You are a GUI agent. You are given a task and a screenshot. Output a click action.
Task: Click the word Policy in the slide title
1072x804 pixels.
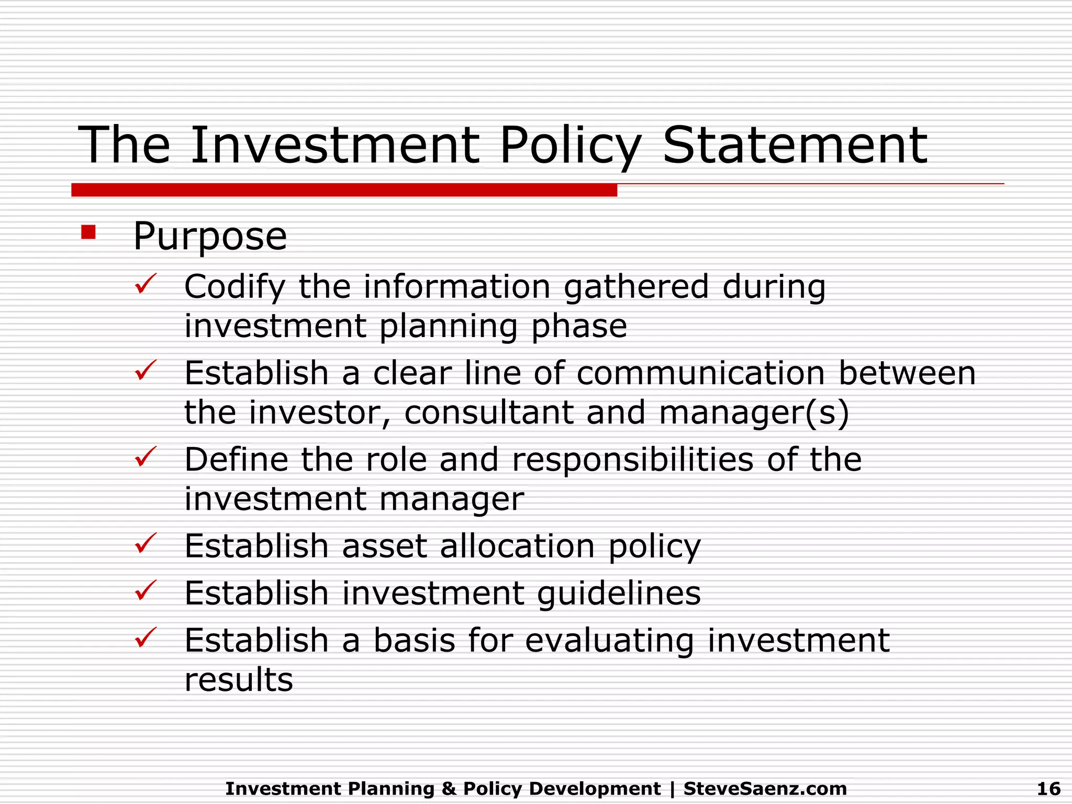(x=570, y=147)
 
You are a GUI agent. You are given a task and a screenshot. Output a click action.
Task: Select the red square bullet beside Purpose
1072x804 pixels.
(x=88, y=232)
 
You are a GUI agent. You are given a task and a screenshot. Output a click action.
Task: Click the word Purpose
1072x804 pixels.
(x=210, y=237)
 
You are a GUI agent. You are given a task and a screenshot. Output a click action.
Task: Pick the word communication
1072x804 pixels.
(x=701, y=373)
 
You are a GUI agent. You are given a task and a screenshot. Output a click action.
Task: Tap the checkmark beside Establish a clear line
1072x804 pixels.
(x=145, y=371)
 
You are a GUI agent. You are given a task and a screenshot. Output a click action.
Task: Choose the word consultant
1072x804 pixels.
(x=488, y=412)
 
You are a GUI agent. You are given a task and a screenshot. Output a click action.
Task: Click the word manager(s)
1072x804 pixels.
(x=754, y=412)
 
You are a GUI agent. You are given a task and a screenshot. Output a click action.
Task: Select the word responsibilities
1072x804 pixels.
(x=633, y=460)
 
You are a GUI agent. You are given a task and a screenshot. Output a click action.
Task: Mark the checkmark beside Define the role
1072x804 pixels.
(x=145, y=457)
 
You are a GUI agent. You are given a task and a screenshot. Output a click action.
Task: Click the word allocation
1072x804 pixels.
(x=517, y=546)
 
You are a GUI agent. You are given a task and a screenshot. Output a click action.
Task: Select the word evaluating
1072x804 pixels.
(x=609, y=641)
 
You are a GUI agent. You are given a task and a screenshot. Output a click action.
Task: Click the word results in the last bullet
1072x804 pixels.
(x=239, y=680)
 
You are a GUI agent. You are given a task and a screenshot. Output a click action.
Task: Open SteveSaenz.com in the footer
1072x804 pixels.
(x=765, y=788)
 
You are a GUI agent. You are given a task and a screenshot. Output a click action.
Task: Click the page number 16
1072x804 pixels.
(x=1048, y=788)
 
